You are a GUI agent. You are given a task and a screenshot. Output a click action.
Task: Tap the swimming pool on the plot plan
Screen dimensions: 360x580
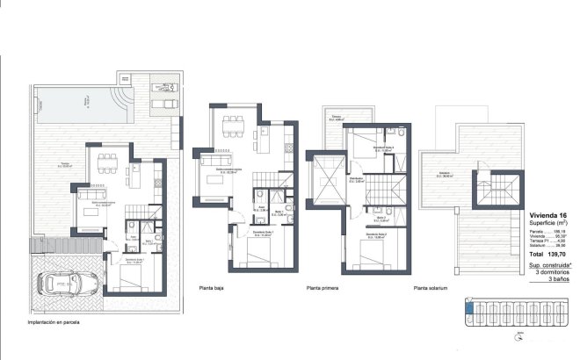point(83,106)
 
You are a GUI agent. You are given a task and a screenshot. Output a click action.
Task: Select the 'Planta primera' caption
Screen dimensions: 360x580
point(323,287)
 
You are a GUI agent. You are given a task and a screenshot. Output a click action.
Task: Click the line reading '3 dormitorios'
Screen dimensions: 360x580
point(549,271)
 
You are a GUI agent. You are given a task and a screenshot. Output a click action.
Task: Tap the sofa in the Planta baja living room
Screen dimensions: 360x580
point(212,160)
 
